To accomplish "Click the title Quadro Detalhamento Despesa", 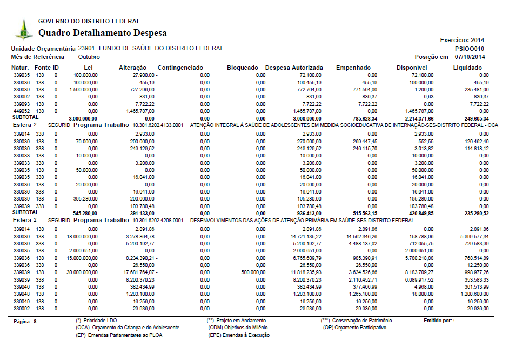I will point(102,33).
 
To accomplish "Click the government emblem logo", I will point(24,30).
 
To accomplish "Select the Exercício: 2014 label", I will point(463,40).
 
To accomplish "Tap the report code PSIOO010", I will point(470,48).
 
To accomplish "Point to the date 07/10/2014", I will point(470,57).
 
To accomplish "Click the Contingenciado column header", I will point(180,68).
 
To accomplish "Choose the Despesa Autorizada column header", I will point(294,68).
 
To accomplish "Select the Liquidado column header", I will point(467,68).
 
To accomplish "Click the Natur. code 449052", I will point(22,110).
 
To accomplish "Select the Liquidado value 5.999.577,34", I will point(474,236).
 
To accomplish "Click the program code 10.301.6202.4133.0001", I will point(158,125).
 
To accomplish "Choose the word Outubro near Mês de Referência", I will point(89,57).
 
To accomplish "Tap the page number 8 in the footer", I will point(35,321).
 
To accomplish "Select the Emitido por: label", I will point(438,321).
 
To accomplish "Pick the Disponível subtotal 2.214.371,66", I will point(418,118).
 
